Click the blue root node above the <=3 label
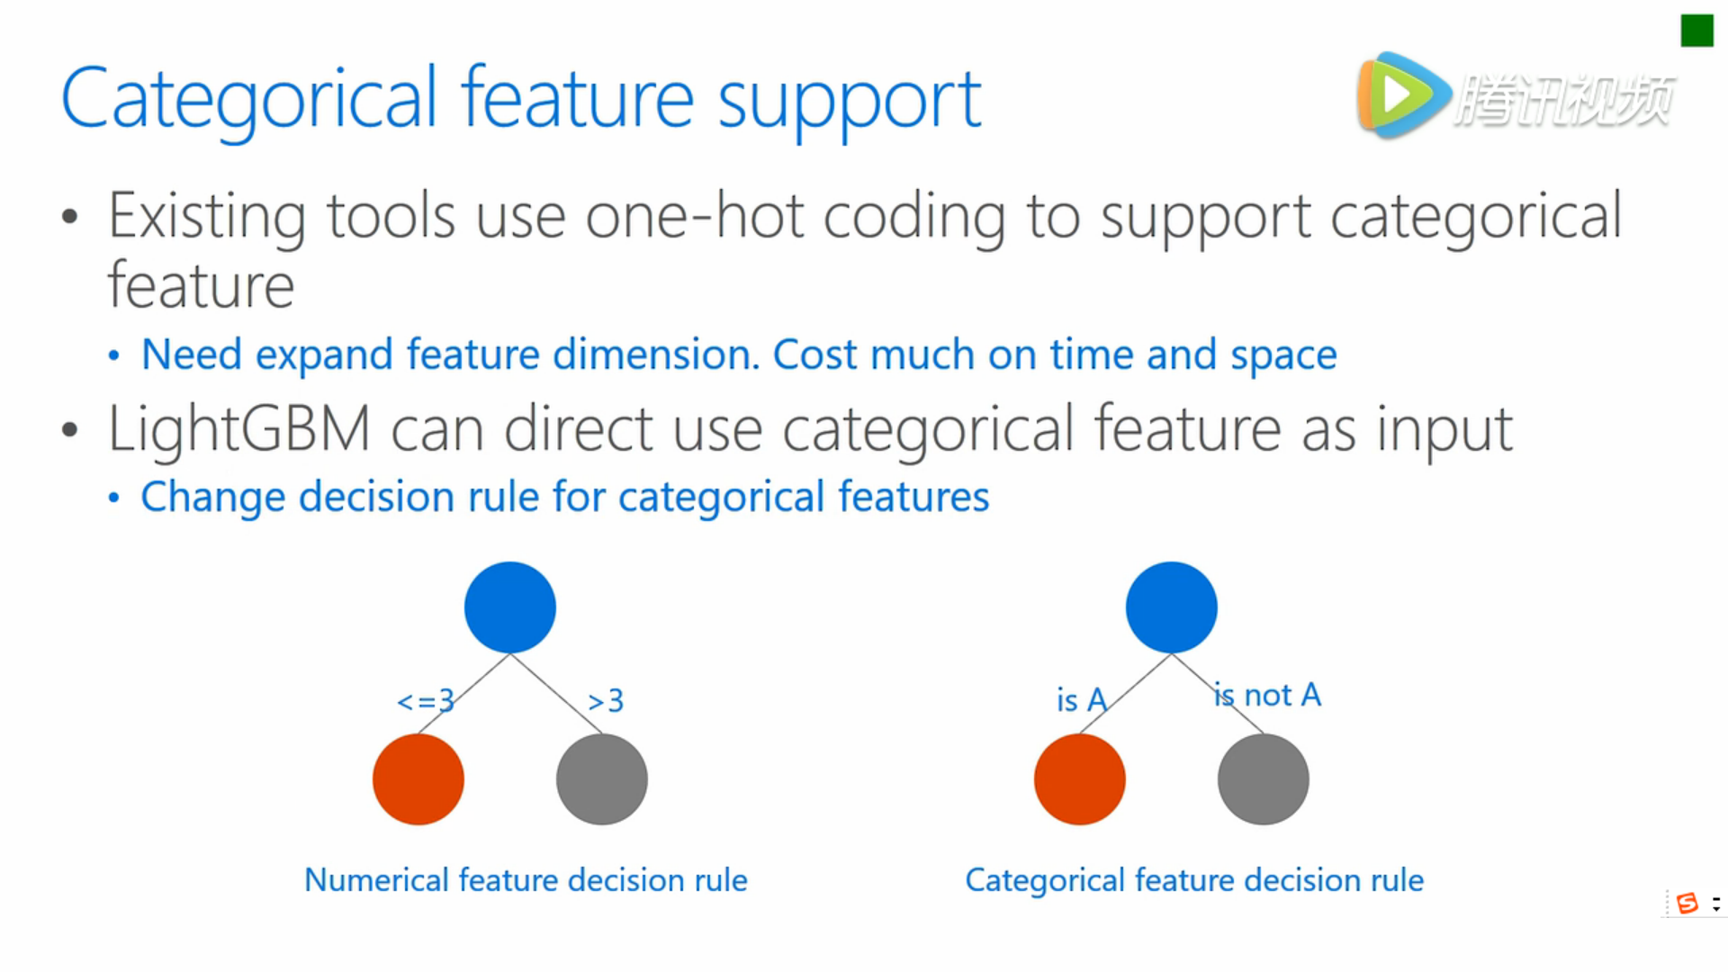tap(510, 607)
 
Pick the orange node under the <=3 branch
tap(418, 779)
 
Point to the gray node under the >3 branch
tap(602, 779)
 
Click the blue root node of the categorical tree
tap(1172, 607)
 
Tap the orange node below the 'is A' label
tap(1080, 779)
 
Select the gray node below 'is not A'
tap(1264, 779)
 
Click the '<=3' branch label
tap(426, 700)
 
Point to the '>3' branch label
tap(606, 700)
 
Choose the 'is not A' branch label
tap(1267, 695)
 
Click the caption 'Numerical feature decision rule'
tap(526, 879)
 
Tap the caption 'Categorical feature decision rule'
tap(1194, 879)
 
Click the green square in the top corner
tap(1696, 31)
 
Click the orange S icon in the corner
tap(1687, 903)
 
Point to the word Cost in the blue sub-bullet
tap(815, 355)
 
